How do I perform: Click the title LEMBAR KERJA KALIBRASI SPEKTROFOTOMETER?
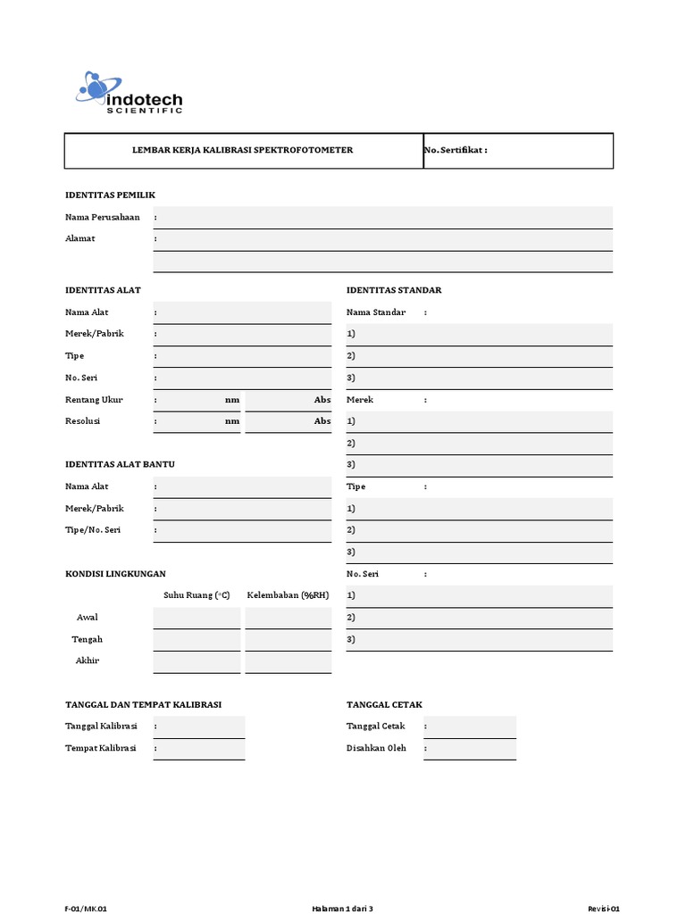coord(243,150)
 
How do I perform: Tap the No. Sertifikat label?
coord(456,150)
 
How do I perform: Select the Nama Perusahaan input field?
coord(384,217)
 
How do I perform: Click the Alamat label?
coord(80,238)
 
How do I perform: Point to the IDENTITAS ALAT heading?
coord(103,290)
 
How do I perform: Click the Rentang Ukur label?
coord(94,399)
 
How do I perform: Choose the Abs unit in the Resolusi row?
coord(322,420)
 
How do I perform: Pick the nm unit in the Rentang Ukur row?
coord(232,399)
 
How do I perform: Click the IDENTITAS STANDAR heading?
coord(394,290)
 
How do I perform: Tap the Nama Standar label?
coord(376,312)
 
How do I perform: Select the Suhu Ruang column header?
coord(197,595)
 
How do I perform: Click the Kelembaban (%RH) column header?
coord(288,595)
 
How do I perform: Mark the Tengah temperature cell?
coord(197,639)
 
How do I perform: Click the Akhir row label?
coord(88,661)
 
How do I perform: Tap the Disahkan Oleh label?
coord(376,748)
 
